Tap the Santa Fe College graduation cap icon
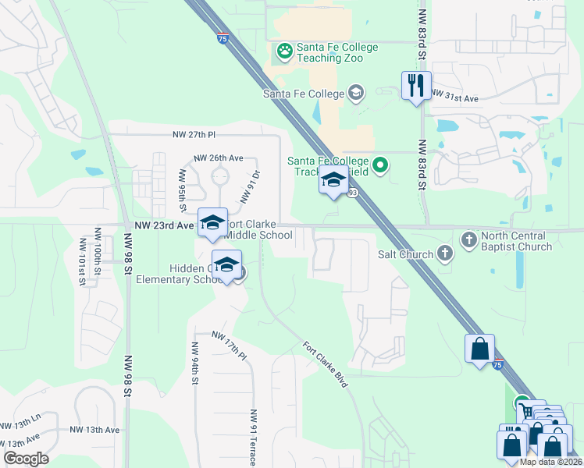tap(356, 94)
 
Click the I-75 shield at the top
tap(224, 37)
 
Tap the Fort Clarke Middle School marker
tap(212, 223)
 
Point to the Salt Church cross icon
tap(444, 253)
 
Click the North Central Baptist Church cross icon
tap(468, 238)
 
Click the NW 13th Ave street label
tap(94, 430)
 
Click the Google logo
tap(26, 459)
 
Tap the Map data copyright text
tap(550, 462)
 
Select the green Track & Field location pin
tap(380, 165)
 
